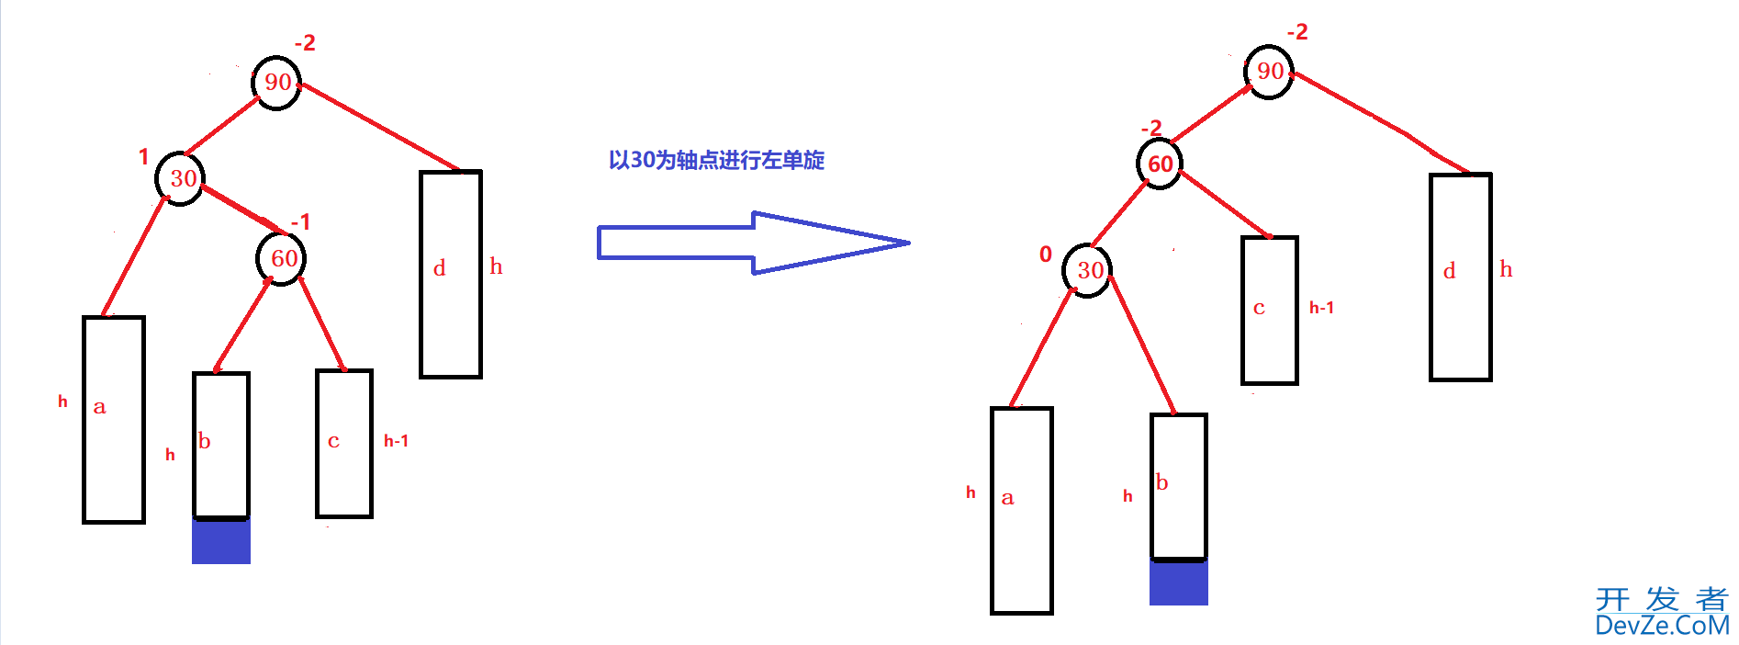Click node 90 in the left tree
(276, 83)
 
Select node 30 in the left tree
(181, 178)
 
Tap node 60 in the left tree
(282, 258)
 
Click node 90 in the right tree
(1269, 72)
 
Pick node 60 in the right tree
(1160, 164)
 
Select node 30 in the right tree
(1088, 270)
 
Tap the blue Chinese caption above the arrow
(716, 161)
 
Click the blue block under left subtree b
(221, 541)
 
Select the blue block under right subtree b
(1179, 583)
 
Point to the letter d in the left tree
(440, 268)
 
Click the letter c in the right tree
(1259, 308)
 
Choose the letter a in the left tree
(100, 407)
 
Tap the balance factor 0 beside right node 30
(1046, 255)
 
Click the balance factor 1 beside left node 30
(143, 157)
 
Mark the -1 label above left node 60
(300, 222)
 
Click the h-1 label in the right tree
(1321, 308)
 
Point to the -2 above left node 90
(305, 43)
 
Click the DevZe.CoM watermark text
(1662, 626)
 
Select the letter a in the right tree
(1007, 498)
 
